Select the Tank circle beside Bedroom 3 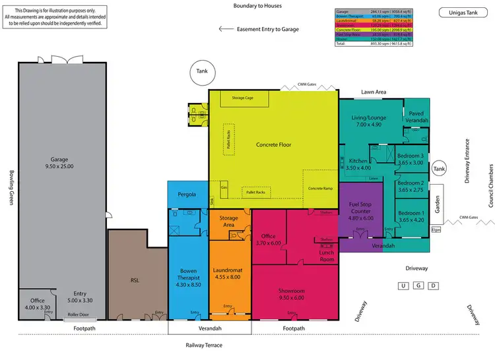(439, 169)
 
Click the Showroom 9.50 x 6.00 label (290, 292)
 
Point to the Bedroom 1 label (411, 216)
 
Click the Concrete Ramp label (320, 189)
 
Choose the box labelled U (402, 285)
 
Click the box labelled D (433, 285)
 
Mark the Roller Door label (78, 315)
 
